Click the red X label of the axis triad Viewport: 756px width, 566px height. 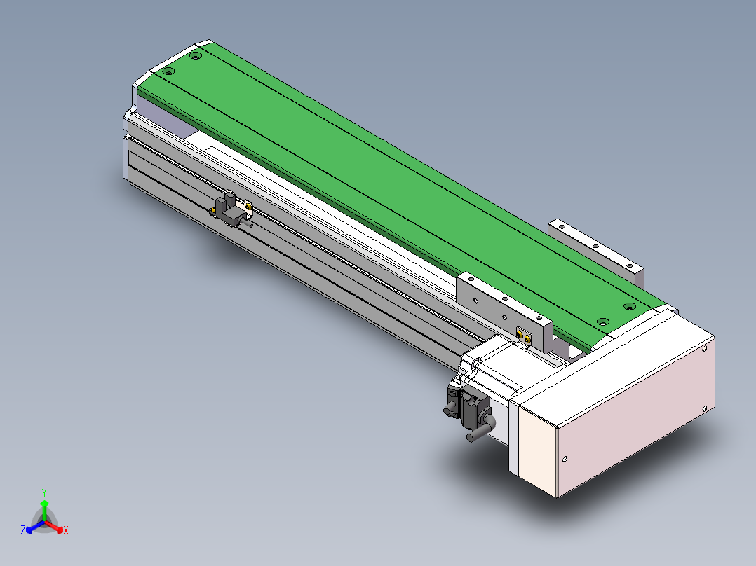coord(66,530)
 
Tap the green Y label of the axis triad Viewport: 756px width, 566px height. coord(44,492)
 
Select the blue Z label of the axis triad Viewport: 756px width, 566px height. coord(23,530)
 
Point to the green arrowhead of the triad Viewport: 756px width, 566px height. coord(44,504)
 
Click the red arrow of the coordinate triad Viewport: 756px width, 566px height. coord(53,526)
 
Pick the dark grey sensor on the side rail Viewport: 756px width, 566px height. coord(230,211)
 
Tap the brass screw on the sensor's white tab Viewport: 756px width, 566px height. coord(248,207)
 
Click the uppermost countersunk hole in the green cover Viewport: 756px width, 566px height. coord(195,56)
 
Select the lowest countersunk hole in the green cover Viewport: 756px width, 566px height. coord(602,322)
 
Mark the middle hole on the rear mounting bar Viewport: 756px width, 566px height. coord(595,246)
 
